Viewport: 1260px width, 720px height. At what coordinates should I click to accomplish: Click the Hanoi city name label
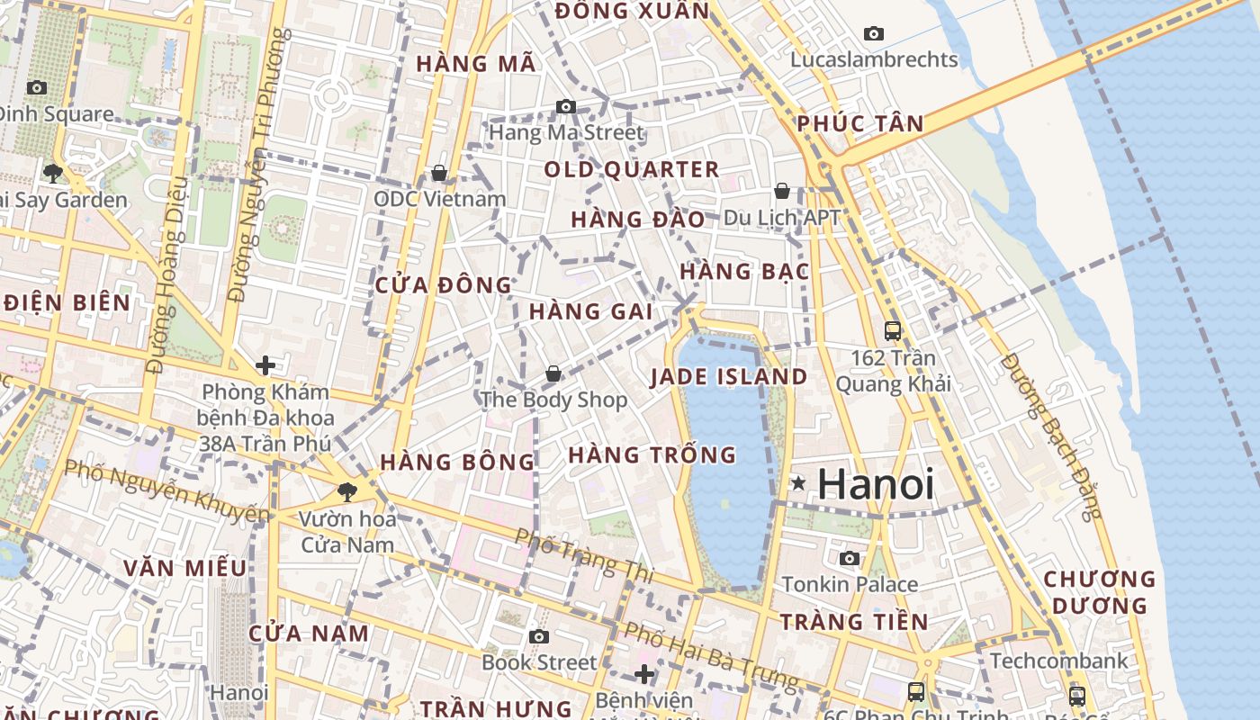pos(875,485)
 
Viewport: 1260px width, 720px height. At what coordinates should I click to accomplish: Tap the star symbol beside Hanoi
pos(797,483)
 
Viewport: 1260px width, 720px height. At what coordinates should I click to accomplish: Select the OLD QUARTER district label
pos(631,169)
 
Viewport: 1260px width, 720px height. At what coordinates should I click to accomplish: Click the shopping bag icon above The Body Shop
pos(553,373)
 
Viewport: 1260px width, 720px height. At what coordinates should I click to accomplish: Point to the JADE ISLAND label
pos(729,377)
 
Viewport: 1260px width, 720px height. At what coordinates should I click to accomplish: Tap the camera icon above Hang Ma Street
pos(565,107)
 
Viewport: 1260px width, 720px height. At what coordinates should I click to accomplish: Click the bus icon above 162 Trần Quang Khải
pos(892,331)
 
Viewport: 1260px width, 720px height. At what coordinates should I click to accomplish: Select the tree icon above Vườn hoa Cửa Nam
pos(346,492)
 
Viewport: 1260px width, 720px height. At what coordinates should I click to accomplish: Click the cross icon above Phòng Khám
pos(265,365)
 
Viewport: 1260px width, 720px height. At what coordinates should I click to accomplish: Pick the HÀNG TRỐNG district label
pos(652,455)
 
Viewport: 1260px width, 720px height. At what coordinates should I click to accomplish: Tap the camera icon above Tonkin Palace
pos(849,559)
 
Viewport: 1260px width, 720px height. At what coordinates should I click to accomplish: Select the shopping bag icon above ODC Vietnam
pos(439,173)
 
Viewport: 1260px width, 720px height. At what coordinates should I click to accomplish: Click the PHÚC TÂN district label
pos(860,124)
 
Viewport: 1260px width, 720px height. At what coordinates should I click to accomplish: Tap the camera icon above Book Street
pos(538,637)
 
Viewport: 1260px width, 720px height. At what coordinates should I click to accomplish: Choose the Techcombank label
pos(1058,661)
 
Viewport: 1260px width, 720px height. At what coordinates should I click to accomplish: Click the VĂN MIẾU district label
pos(184,568)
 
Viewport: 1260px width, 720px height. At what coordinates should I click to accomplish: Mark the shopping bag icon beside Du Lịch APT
pos(782,191)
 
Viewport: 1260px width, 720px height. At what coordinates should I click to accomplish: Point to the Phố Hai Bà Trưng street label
pos(711,658)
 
